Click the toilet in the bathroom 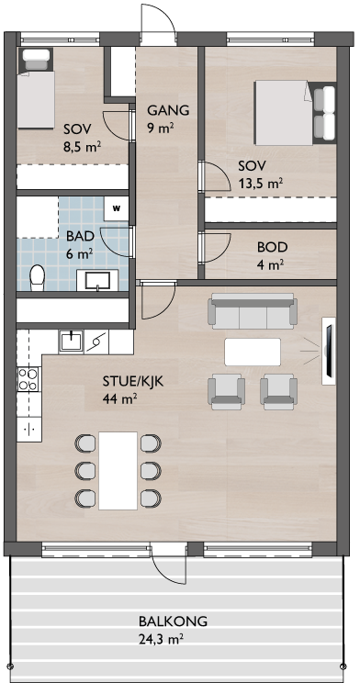[x=37, y=277]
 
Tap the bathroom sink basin [x=97, y=280]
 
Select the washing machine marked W [x=117, y=208]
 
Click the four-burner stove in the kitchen [x=27, y=378]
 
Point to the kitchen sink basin [x=71, y=341]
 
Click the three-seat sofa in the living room [x=253, y=311]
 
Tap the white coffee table [x=253, y=352]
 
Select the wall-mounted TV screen [x=329, y=351]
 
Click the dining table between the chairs [x=118, y=470]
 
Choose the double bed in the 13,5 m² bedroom [x=295, y=113]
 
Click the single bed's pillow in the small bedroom [x=36, y=60]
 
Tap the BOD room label [x=273, y=248]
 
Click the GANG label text [x=168, y=110]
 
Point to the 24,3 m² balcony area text [x=161, y=639]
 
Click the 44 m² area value [x=120, y=398]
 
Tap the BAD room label [x=81, y=237]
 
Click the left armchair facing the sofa [x=226, y=392]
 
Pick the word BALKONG [x=173, y=621]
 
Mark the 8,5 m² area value [x=83, y=147]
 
